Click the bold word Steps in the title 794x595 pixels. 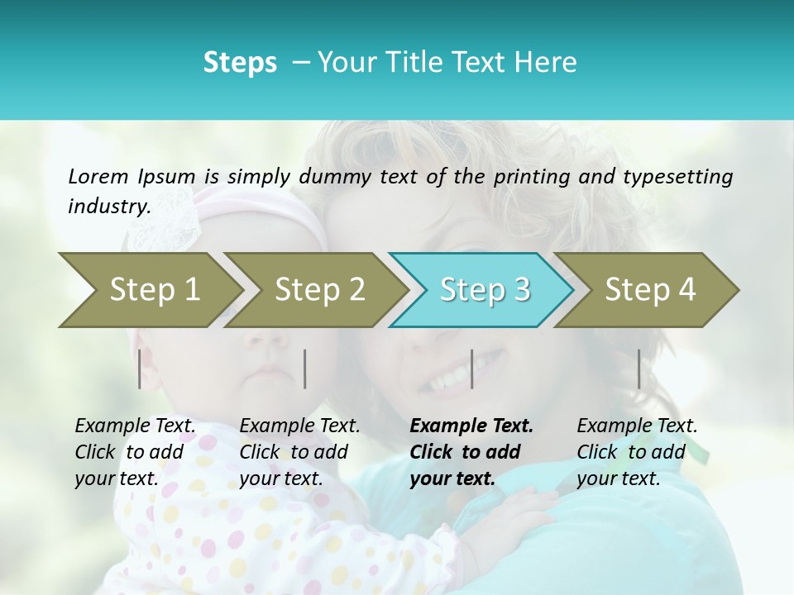240,62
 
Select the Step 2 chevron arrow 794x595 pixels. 318,290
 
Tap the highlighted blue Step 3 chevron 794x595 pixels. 484,290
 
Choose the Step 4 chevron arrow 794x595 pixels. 649,290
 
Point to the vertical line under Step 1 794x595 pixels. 140,369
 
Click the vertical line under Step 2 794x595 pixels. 305,369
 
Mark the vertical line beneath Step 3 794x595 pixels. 471,369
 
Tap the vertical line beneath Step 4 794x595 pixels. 639,369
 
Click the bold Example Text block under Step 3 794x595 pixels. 471,452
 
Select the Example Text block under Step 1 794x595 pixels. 135,452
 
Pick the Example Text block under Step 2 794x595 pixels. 299,452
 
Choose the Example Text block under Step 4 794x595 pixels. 637,452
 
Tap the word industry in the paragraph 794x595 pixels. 108,207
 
